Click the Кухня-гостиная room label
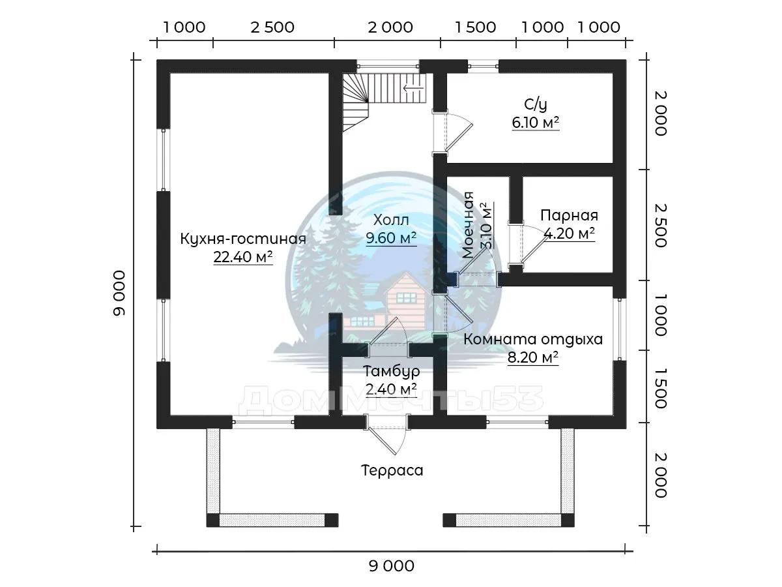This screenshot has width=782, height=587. coord(243,239)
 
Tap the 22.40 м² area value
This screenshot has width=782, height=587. coord(243,258)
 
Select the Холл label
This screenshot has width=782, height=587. coord(390,220)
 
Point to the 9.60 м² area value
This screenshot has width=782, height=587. coord(391,238)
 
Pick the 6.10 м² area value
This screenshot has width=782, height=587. coord(536,122)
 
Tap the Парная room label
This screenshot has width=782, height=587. coord(569,215)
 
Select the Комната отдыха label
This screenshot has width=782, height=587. coord(533,339)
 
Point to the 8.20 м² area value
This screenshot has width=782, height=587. coord(533,357)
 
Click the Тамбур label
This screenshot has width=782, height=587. coord(391,371)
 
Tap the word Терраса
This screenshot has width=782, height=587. coord(392,470)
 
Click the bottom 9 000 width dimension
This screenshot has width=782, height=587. coord(391,565)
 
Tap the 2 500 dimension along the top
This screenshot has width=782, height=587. coord(272,27)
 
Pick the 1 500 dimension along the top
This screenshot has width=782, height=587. coord(475,27)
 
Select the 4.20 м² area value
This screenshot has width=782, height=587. coord(569,233)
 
